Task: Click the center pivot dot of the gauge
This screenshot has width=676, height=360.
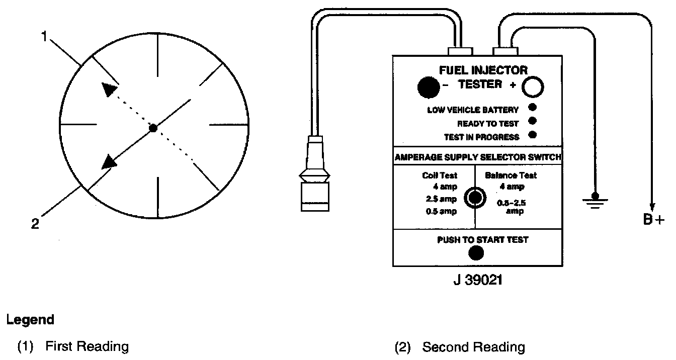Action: pyautogui.click(x=153, y=128)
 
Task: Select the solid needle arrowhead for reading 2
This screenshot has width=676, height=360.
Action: pyautogui.click(x=109, y=162)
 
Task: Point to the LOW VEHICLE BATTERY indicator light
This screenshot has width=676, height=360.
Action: pyautogui.click(x=533, y=107)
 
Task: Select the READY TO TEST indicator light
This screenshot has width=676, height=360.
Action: pyautogui.click(x=533, y=121)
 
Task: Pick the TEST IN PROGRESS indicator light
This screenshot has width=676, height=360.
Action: pyautogui.click(x=533, y=134)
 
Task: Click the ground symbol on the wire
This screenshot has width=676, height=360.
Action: pyautogui.click(x=595, y=200)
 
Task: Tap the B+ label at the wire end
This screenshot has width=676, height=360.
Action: pyautogui.click(x=654, y=220)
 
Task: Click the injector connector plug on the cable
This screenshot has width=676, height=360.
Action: pyautogui.click(x=314, y=176)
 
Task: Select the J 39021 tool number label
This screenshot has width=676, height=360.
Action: pyautogui.click(x=477, y=279)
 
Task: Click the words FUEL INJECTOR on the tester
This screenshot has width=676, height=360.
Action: pyautogui.click(x=483, y=70)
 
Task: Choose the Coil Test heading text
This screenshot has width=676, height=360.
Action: pyautogui.click(x=440, y=175)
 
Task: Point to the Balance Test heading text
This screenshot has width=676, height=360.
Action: pyautogui.click(x=511, y=175)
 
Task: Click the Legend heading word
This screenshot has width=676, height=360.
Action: pyautogui.click(x=30, y=320)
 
